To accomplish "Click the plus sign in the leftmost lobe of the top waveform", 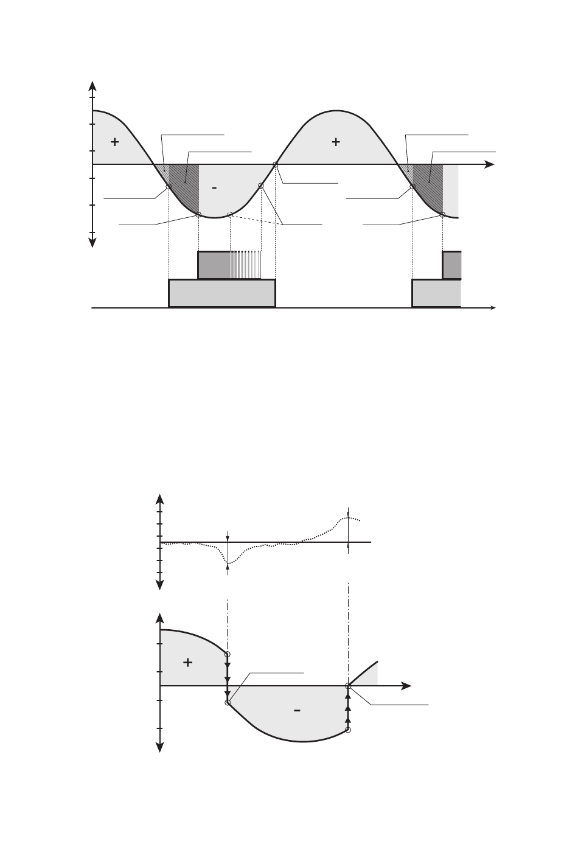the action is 114,142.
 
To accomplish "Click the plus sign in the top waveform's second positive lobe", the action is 336,142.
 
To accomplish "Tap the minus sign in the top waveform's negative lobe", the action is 214,187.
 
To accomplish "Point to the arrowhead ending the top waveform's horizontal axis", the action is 489,164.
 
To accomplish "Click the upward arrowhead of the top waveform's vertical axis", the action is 92,86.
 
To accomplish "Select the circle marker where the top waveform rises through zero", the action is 276,165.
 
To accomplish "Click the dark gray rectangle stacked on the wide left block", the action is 214,265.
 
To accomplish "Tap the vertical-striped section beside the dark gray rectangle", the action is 246,265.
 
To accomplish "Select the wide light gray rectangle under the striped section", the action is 222,293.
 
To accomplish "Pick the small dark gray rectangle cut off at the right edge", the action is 452,265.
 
